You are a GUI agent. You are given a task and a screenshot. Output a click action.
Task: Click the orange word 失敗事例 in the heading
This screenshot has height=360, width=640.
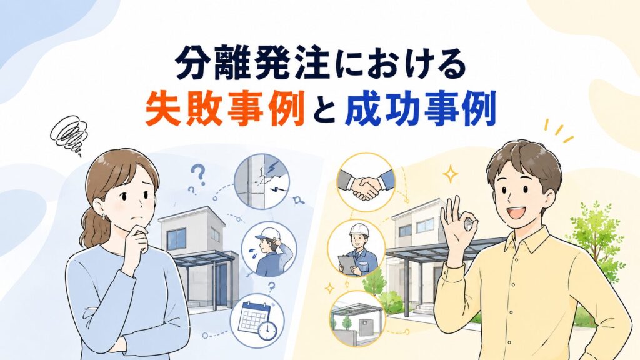225,109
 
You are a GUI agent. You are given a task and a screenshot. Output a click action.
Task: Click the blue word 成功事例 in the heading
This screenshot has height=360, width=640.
420,109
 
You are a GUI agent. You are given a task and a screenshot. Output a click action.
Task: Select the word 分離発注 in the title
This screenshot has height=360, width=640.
252,64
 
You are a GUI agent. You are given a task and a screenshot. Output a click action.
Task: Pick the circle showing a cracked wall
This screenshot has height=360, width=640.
262,181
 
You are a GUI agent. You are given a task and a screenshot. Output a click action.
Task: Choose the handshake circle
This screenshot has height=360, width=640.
366,182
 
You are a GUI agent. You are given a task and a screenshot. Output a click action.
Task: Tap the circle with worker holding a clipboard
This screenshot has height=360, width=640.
356,249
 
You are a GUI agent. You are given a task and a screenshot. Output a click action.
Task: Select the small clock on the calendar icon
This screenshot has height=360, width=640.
267,329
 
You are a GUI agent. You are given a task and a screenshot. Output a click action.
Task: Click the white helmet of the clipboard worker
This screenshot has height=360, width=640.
359,230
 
